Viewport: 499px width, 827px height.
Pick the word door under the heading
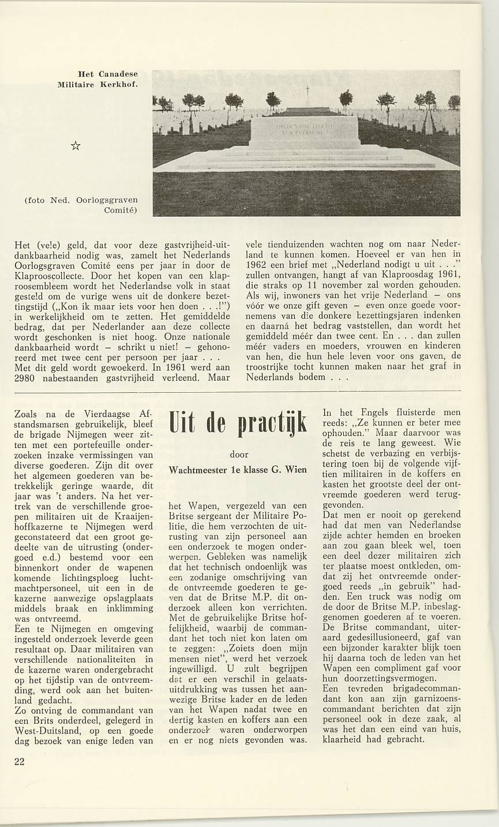pos(239,454)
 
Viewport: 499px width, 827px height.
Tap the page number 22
pos(20,761)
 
